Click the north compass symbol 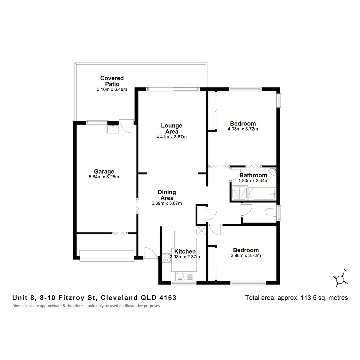[340, 277]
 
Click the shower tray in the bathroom [239, 193]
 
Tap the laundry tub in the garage [113, 129]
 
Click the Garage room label [104, 172]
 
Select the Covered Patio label [112, 81]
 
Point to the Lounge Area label [172, 128]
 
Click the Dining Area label [167, 195]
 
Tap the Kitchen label [185, 251]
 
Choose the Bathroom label [253, 175]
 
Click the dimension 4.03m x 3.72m [243, 129]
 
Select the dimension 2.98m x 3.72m [246, 256]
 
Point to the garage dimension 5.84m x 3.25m [104, 177]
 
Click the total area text [296, 298]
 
